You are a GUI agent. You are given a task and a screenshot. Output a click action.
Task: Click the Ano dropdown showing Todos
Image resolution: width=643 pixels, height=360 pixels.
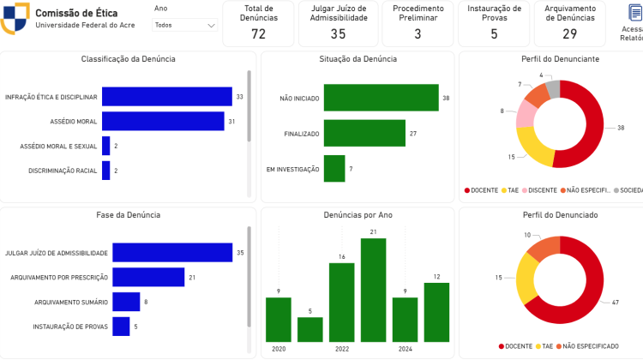click(184, 25)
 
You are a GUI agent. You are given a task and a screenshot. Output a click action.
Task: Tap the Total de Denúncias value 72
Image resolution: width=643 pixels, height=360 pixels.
click(258, 33)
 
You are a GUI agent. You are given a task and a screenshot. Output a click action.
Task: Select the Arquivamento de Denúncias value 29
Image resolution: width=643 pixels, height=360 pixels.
click(570, 33)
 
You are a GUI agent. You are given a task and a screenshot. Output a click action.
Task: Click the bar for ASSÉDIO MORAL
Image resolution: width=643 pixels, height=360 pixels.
click(163, 122)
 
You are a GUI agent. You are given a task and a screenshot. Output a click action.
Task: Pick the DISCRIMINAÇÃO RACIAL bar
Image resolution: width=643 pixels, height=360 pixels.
click(105, 171)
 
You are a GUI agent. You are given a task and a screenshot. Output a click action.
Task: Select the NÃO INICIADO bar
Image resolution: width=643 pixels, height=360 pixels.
click(381, 99)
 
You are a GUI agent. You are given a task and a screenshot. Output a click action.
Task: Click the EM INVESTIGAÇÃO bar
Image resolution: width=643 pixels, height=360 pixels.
click(334, 169)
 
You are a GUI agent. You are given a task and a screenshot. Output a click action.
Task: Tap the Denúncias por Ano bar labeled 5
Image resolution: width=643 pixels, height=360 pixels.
click(309, 330)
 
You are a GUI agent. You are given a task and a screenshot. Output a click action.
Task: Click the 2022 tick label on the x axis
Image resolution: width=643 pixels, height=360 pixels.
click(341, 350)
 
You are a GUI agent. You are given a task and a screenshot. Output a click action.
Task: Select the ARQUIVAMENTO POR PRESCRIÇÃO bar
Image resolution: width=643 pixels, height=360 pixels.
click(148, 277)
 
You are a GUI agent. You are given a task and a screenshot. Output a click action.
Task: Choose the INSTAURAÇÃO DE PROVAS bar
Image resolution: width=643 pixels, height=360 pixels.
click(121, 327)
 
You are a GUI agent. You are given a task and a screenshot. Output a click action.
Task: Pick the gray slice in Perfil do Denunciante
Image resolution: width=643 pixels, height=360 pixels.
click(553, 88)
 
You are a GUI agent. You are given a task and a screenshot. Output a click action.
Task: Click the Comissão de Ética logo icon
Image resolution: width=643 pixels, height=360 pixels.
click(15, 19)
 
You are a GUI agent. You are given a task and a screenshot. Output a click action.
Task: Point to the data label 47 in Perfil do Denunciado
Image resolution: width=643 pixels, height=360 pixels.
click(615, 303)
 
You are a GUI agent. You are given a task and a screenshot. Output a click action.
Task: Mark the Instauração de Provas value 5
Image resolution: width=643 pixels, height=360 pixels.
click(494, 33)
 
